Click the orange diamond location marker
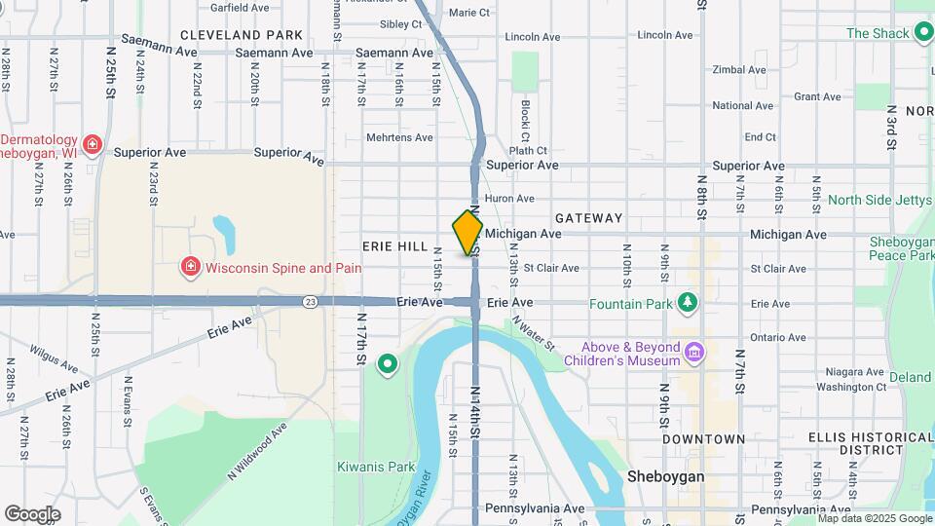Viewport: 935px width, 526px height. click(467, 232)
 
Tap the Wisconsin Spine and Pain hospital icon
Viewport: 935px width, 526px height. click(191, 267)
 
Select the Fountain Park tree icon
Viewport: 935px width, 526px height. click(689, 303)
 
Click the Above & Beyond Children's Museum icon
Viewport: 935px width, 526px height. click(693, 351)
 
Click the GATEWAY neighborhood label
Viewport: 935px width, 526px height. click(588, 218)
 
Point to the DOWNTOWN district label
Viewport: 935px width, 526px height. click(703, 439)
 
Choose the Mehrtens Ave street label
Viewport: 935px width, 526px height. click(399, 137)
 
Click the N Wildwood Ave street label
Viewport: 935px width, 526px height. click(258, 449)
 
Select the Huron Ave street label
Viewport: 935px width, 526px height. click(509, 198)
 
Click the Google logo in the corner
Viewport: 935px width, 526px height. click(32, 513)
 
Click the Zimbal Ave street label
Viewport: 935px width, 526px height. click(739, 70)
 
